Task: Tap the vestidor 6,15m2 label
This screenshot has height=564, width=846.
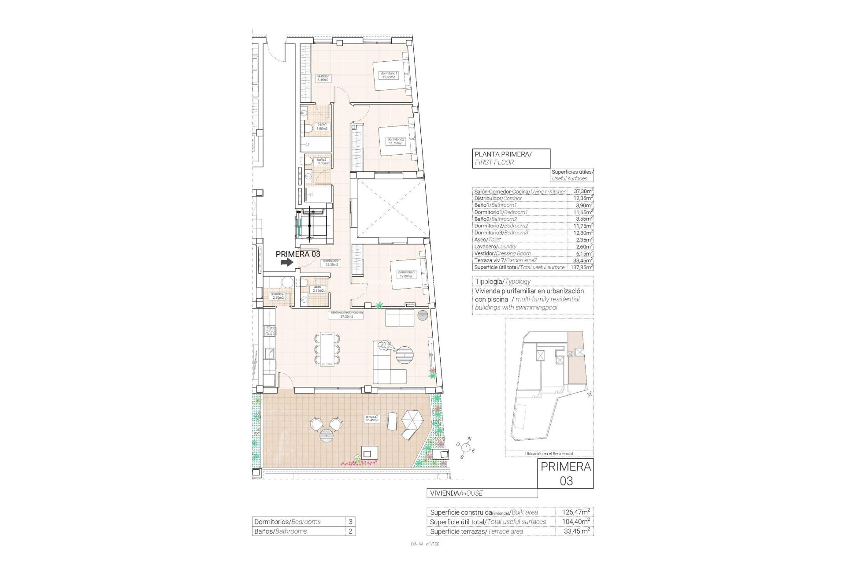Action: click(x=323, y=78)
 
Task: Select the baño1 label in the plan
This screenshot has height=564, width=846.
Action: click(x=322, y=126)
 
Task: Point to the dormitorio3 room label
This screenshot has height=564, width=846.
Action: click(x=405, y=274)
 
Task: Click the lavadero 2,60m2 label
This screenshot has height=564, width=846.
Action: click(x=278, y=295)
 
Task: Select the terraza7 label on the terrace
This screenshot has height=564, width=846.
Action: click(x=371, y=419)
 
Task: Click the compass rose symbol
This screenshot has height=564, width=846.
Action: click(x=467, y=448)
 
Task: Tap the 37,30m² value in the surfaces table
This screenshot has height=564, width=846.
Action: click(x=583, y=192)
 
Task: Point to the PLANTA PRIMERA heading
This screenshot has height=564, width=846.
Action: click(x=503, y=155)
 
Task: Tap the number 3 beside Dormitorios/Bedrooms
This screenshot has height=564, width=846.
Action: click(x=350, y=522)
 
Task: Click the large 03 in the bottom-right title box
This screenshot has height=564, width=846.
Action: click(x=566, y=481)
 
